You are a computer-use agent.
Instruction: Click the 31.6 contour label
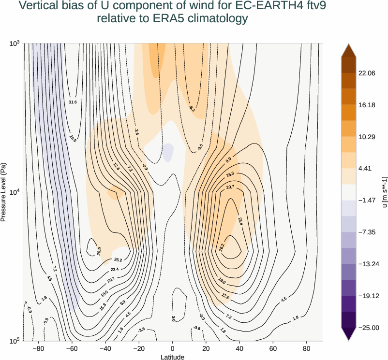(x=73, y=102)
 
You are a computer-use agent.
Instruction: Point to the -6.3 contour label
(x=192, y=109)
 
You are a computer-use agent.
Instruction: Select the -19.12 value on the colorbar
(x=368, y=296)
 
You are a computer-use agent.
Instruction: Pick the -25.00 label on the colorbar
(x=368, y=328)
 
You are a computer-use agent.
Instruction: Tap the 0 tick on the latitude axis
(x=173, y=348)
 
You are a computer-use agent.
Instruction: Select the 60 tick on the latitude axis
(x=273, y=348)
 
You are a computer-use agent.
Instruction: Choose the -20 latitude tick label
(x=138, y=348)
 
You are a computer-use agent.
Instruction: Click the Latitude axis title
(x=173, y=357)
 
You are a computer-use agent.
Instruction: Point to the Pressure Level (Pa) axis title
(x=4, y=192)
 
